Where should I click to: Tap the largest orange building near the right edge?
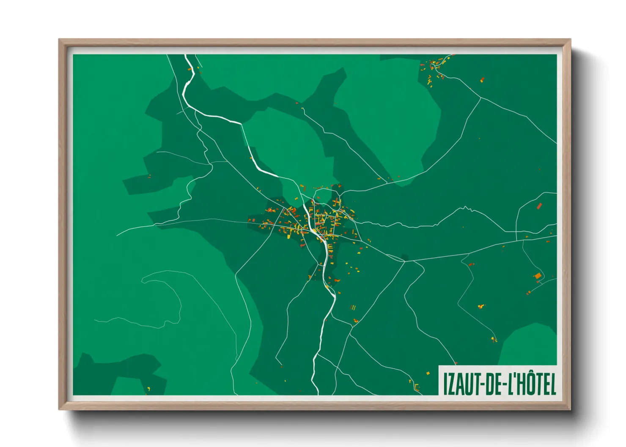tap(538, 276)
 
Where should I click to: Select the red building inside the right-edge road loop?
tap(539, 206)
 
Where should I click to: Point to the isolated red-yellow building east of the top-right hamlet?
tap(482, 79)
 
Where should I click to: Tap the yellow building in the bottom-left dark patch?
tap(148, 388)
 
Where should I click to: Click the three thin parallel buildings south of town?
tap(353, 308)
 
